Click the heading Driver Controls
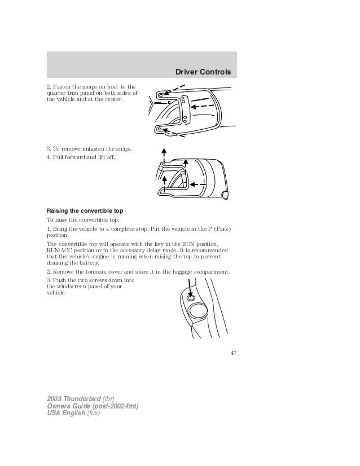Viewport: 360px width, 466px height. (204, 72)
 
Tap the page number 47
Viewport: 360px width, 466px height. (232, 354)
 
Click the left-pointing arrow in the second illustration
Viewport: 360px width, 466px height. (197, 184)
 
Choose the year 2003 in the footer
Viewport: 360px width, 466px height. (55, 399)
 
